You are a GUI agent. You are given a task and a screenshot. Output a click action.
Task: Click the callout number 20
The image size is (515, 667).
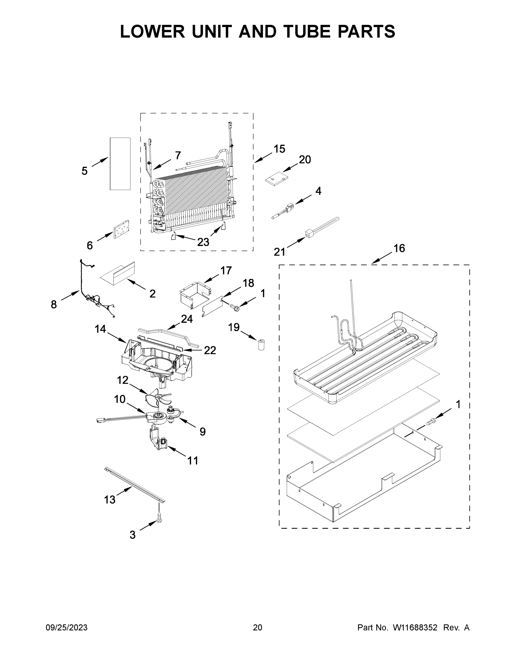click(x=305, y=160)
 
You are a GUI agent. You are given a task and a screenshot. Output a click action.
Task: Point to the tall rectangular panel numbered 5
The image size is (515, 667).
click(x=120, y=164)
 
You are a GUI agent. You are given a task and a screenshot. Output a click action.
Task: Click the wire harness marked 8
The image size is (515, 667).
click(x=92, y=293)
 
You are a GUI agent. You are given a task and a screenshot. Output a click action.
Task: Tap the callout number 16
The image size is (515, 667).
click(x=399, y=248)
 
